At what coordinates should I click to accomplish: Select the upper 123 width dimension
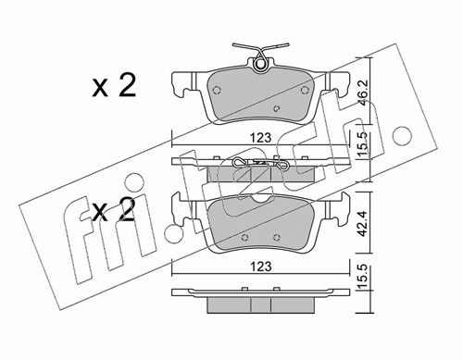pos(261,138)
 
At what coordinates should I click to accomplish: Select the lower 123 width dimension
pos(261,267)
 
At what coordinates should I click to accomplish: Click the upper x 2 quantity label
pos(114,86)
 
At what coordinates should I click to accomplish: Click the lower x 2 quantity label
pos(114,209)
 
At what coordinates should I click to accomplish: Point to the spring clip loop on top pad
pos(261,64)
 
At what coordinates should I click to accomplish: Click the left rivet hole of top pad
pos(217,90)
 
